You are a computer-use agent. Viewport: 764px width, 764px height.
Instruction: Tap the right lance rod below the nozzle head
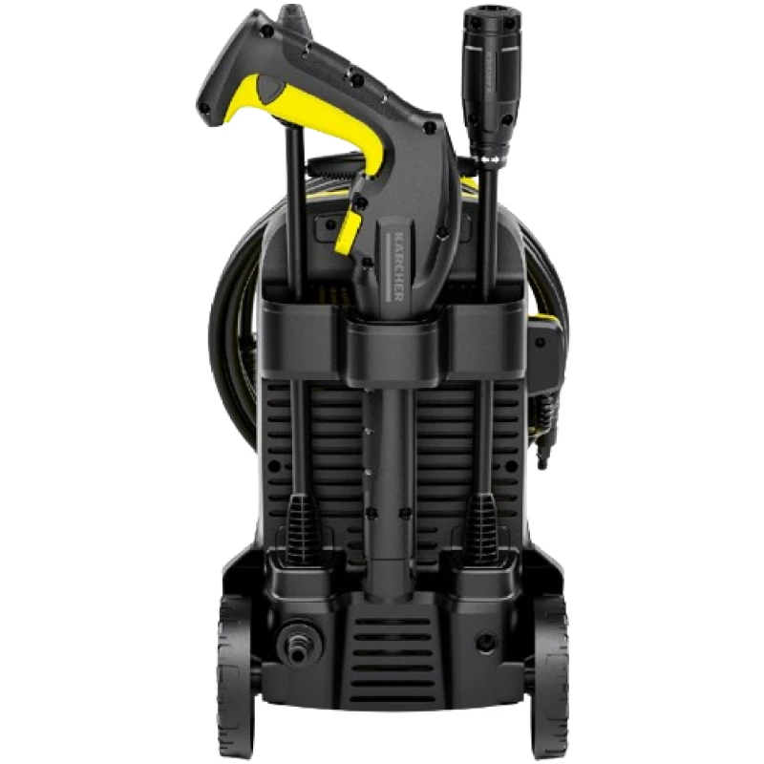coord(485,229)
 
